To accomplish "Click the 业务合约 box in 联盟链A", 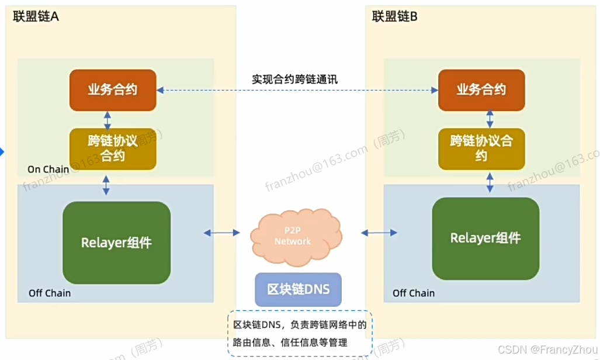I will tap(113, 90).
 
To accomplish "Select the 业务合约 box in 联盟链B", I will tap(481, 90).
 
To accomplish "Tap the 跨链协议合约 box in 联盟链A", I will tap(113, 148).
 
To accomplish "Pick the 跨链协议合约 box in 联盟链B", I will tap(481, 148).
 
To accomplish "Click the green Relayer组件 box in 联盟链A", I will tap(116, 243).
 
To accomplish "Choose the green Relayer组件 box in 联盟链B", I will tap(485, 238).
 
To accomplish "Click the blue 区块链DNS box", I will tap(298, 289).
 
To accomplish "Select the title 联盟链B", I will tap(395, 16).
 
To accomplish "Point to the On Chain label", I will tap(48, 169).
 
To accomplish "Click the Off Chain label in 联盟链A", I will tap(50, 293).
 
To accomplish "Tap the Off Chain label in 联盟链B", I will tap(414, 293).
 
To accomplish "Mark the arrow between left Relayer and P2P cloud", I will tap(221, 233).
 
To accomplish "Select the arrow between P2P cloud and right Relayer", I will tap(380, 233).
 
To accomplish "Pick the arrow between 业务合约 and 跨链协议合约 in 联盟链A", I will tap(107, 120).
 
